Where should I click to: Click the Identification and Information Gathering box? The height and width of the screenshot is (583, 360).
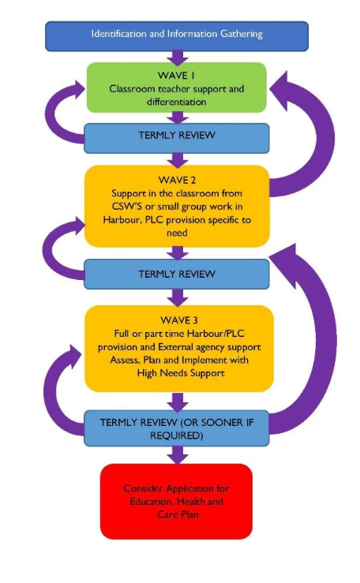pyautogui.click(x=177, y=36)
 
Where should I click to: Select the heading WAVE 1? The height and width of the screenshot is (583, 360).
pyautogui.click(x=176, y=76)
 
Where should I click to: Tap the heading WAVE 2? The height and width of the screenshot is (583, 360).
pyautogui.click(x=177, y=181)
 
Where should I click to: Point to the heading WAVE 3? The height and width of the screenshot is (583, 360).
pyautogui.click(x=179, y=320)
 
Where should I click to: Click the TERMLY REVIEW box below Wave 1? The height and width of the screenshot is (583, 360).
pyautogui.click(x=177, y=138)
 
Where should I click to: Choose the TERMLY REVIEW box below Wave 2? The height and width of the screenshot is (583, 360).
pyautogui.click(x=177, y=274)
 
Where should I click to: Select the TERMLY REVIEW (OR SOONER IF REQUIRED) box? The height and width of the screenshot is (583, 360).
pyautogui.click(x=177, y=428)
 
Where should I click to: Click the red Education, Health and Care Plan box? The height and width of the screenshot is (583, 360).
pyautogui.click(x=176, y=501)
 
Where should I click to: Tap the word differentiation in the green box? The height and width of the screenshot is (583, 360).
pyautogui.click(x=176, y=102)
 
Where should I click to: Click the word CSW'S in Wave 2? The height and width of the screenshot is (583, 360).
pyautogui.click(x=127, y=207)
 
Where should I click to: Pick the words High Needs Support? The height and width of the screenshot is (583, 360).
pyautogui.click(x=181, y=373)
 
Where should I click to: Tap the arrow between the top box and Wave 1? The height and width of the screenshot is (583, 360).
pyautogui.click(x=178, y=58)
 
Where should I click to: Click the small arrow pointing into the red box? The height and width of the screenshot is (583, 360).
pyautogui.click(x=178, y=455)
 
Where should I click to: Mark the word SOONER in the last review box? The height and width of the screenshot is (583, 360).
pyautogui.click(x=217, y=422)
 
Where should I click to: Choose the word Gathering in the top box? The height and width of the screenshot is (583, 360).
pyautogui.click(x=242, y=34)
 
